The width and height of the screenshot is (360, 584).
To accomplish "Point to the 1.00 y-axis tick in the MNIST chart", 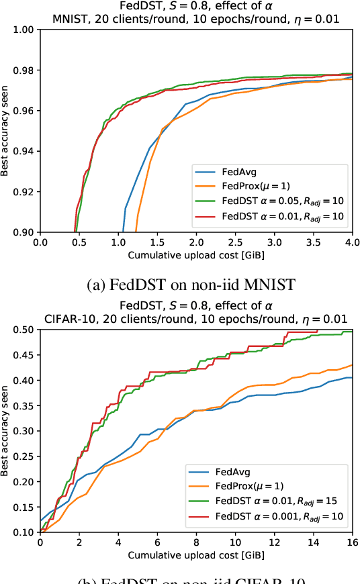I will point(25,30).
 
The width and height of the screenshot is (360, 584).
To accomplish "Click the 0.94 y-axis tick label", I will point(25,151).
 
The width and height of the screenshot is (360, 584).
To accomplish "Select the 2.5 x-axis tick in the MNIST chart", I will point(235,241).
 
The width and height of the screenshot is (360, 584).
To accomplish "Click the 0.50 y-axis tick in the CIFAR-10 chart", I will point(25,330).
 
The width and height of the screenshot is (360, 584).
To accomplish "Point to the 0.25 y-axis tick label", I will point(25,456).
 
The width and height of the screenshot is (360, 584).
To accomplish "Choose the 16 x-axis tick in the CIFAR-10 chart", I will point(352,541).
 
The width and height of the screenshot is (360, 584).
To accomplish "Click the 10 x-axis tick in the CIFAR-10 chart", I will point(235,541).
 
